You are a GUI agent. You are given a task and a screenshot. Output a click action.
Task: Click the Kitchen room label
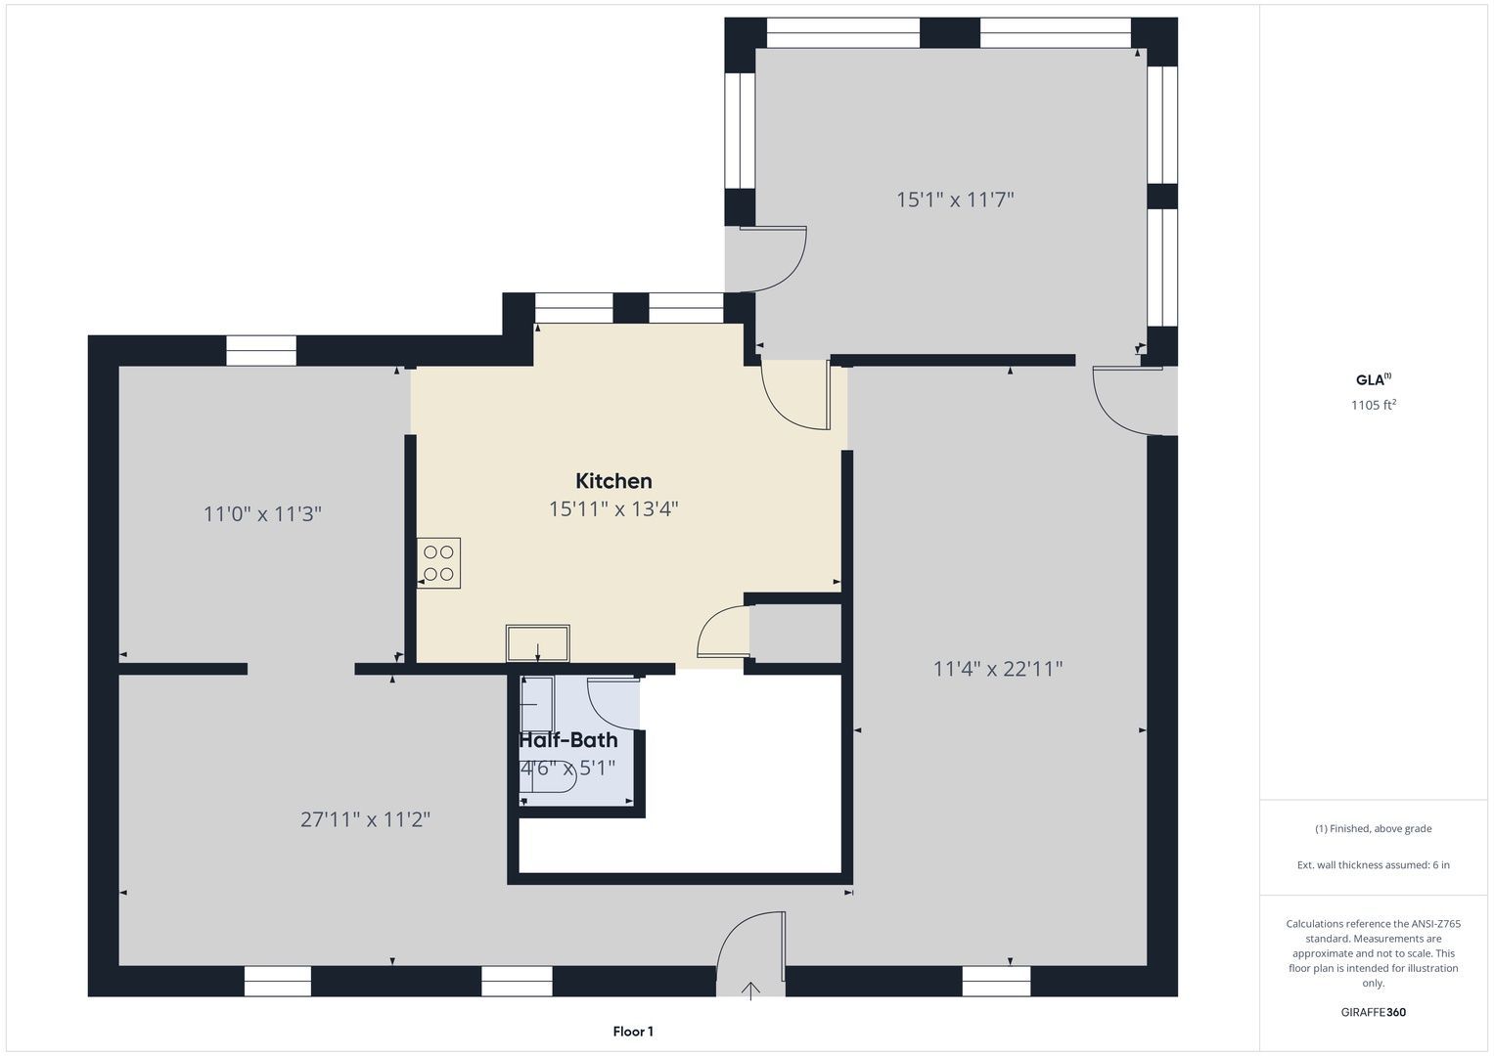tap(613, 481)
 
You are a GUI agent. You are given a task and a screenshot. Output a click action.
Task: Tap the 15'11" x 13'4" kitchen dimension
tap(613, 509)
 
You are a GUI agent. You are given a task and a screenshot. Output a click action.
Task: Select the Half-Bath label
tap(568, 740)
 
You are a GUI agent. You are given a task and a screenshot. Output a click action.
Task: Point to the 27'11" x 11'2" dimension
tap(366, 819)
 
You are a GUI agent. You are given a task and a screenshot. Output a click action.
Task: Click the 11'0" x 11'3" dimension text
tap(263, 514)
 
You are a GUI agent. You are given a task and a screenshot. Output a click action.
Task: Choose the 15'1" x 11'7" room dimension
tap(955, 199)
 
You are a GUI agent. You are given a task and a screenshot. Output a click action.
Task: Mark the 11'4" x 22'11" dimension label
tap(998, 668)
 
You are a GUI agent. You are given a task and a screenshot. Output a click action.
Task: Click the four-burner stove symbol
tap(439, 562)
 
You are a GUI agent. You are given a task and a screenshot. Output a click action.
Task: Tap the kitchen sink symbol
tap(537, 643)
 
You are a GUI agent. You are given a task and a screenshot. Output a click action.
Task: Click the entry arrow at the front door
tap(751, 990)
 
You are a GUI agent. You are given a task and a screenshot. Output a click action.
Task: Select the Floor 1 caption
tap(633, 1032)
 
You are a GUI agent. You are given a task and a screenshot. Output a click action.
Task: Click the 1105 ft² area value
tap(1374, 405)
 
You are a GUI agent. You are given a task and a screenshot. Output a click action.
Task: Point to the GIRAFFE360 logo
tap(1374, 1012)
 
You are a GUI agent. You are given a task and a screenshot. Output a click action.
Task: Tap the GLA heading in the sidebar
tap(1374, 379)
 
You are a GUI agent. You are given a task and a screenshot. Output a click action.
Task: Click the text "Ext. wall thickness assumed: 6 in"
tap(1374, 864)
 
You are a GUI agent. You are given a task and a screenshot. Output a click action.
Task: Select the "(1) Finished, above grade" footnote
tap(1374, 829)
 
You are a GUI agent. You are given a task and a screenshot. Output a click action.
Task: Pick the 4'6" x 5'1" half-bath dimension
tap(567, 769)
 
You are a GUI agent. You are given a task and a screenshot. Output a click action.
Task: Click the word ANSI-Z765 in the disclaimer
tap(1435, 924)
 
